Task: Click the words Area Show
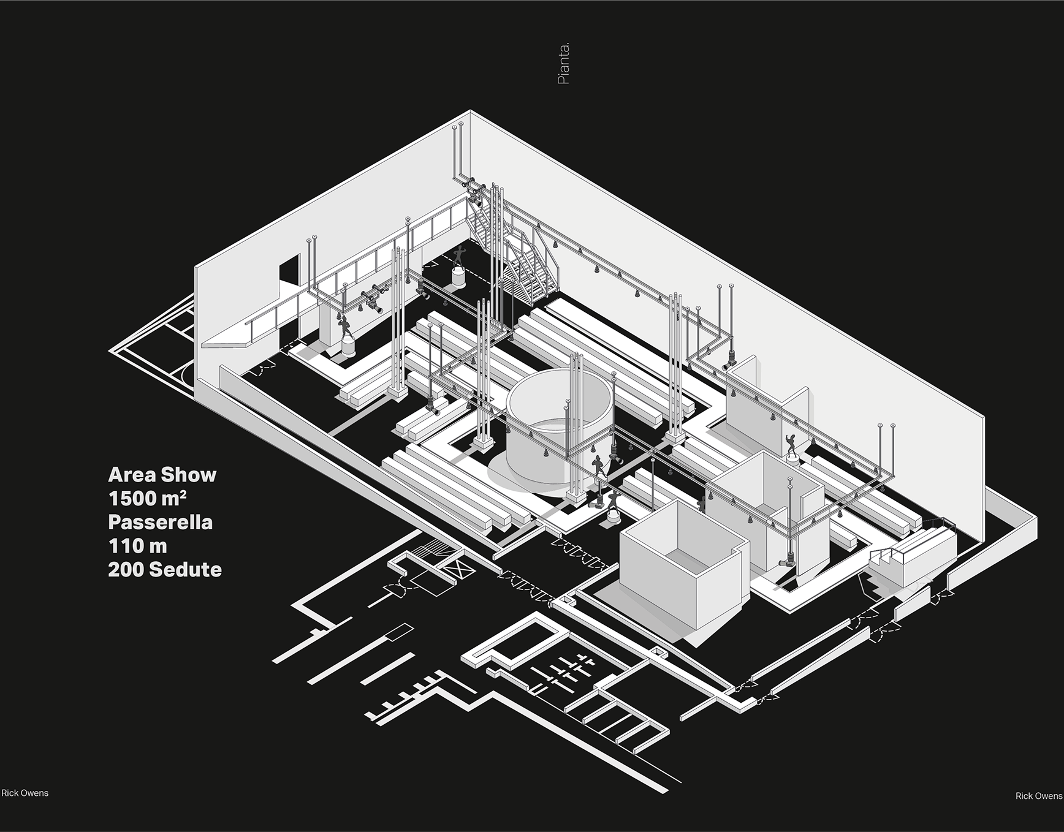162,475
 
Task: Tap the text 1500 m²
148,498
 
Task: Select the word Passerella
161,522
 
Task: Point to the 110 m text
137,545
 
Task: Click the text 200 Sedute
165,569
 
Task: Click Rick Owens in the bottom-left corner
25,793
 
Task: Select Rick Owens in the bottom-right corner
1038,796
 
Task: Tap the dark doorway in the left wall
289,272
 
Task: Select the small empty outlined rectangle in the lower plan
400,632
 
